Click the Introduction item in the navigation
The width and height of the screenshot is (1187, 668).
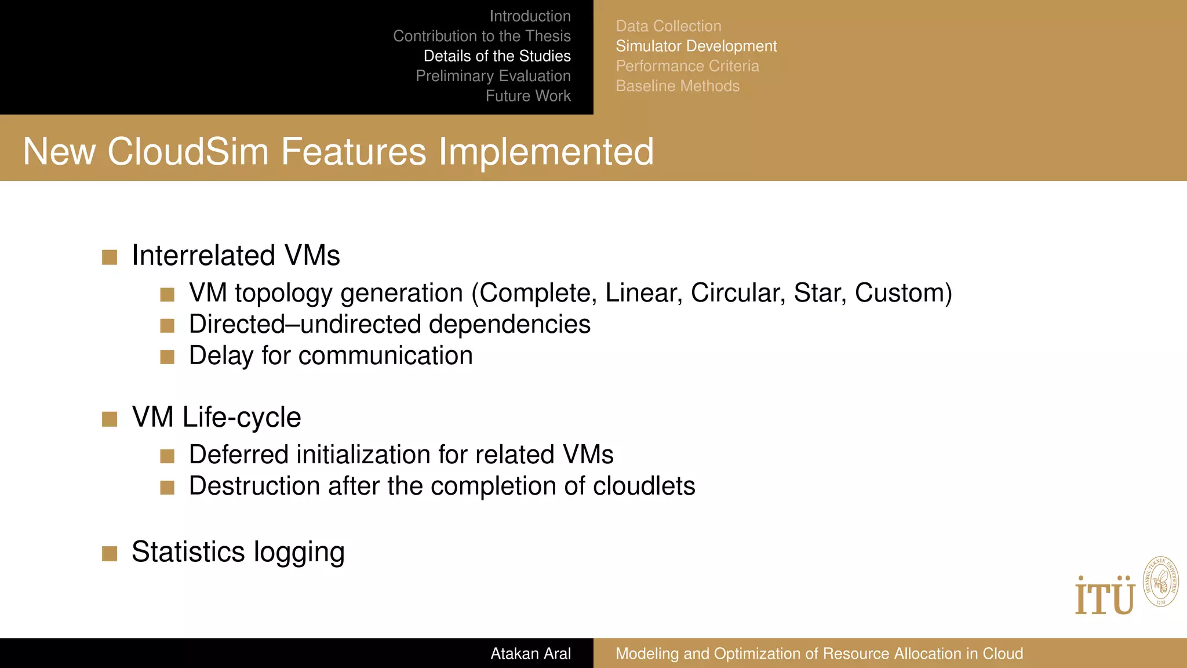530,16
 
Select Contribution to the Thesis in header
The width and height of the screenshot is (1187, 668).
482,36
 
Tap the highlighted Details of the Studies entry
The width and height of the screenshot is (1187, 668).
497,56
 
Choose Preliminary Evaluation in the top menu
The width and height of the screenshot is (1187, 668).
493,76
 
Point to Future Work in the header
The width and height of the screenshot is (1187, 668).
527,96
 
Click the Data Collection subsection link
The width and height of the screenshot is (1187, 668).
668,26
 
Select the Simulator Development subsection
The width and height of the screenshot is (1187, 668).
696,46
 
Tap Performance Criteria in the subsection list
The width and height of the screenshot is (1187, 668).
687,66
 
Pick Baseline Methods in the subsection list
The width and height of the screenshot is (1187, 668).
678,86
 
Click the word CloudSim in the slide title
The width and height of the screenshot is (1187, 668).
188,152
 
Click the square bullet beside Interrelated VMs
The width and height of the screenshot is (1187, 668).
110,257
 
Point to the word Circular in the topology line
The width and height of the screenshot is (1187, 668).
738,293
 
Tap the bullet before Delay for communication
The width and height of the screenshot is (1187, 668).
168,357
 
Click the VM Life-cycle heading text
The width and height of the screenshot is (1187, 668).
216,418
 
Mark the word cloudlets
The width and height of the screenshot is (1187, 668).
643,486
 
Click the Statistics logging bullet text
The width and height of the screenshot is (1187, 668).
238,552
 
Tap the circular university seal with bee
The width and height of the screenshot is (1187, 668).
1160,582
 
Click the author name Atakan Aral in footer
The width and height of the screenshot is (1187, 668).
530,654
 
